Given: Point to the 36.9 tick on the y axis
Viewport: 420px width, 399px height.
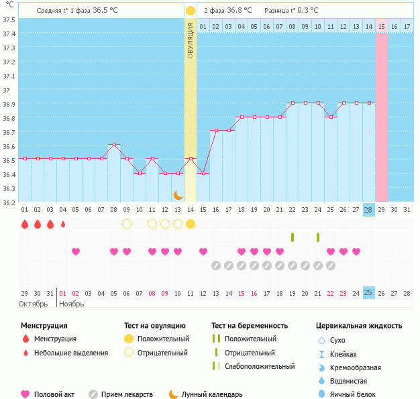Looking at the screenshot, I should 9,104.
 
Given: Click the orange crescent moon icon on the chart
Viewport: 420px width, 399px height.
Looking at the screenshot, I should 178,194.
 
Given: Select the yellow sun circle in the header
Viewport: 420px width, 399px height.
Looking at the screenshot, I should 191,11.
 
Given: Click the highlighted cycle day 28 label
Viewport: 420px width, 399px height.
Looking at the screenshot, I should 368,209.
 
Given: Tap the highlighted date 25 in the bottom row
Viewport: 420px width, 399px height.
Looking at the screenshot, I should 368,292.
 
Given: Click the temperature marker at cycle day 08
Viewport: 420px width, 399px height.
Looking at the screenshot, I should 114,144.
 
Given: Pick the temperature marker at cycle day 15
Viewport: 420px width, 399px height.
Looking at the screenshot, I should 203,173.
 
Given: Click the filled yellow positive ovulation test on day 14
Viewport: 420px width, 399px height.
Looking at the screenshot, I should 191,223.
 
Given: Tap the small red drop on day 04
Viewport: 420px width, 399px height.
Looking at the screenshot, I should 63,224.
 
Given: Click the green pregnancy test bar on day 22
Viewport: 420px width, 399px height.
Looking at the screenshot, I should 293,237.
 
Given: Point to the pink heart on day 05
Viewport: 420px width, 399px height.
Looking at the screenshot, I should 76,251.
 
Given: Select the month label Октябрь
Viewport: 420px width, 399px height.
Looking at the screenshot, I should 33,304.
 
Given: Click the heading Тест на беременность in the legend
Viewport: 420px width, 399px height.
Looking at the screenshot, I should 250,326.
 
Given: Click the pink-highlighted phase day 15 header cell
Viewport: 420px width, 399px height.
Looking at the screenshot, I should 381,26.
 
